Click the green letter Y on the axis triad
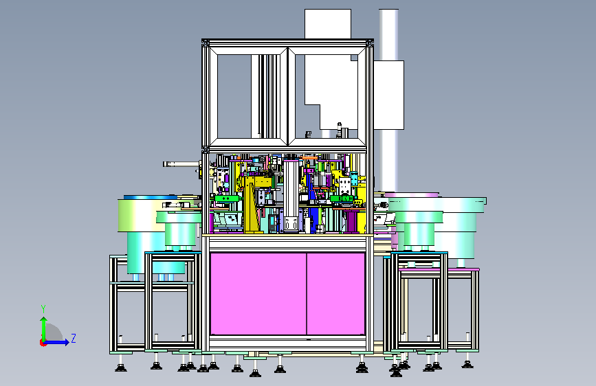coord(43,309)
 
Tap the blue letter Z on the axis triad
coord(74,338)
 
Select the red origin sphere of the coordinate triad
coord(43,343)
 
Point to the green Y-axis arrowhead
coord(44,320)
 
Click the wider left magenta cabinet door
coord(258,294)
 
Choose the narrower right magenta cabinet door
coord(335,294)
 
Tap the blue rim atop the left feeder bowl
coord(151,198)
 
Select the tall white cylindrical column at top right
coord(388,100)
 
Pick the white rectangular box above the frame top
coord(328,23)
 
